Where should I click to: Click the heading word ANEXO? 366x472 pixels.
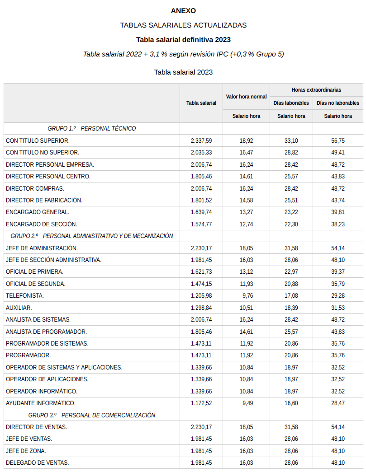pos(183,11)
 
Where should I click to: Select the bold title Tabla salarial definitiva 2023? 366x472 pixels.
pos(183,40)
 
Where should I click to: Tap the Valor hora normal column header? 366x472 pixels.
pos(246,97)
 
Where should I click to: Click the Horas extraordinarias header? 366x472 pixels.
pos(316,90)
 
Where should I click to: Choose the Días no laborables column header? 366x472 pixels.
pos(338,103)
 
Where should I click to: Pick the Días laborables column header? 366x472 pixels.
pos(291,103)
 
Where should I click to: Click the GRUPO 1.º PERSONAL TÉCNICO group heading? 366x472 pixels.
pos(91,129)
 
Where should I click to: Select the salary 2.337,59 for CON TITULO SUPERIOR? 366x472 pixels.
pos(201,141)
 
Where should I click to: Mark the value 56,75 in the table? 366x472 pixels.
pos(338,141)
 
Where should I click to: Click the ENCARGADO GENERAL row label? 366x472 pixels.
pos(38,212)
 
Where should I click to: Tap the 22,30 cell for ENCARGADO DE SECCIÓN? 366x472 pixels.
pos(291,224)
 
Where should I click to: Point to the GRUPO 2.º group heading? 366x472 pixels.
pos(91,236)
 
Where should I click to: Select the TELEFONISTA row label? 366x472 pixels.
pos(25,296)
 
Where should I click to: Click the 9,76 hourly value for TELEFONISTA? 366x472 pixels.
pos(246,296)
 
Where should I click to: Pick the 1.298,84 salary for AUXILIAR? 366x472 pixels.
pos(201,308)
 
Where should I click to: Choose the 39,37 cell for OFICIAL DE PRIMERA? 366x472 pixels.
pos(338,272)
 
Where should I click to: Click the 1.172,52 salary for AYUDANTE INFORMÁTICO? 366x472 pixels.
pos(201,403)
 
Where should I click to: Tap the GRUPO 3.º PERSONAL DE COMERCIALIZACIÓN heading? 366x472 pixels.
pos(91,415)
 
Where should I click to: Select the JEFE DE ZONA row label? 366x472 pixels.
pos(26,451)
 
